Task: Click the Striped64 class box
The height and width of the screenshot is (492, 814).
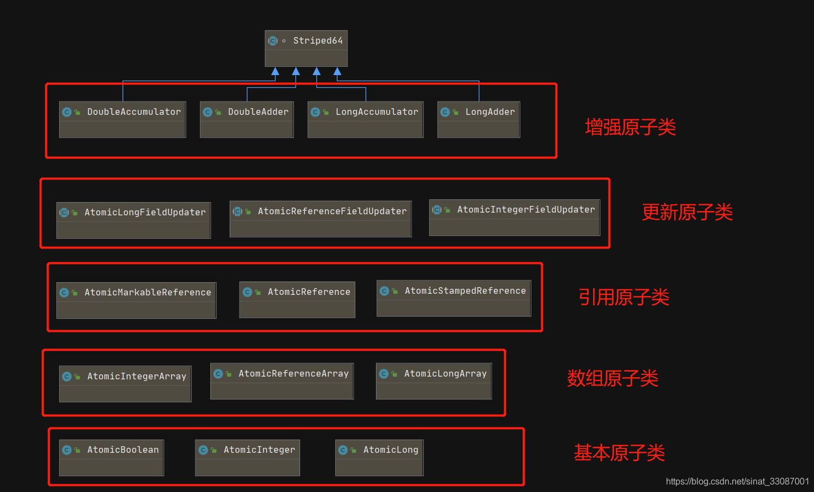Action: tap(306, 48)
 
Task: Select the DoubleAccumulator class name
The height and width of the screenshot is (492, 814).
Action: tap(134, 112)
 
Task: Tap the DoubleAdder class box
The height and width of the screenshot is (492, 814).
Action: tap(246, 119)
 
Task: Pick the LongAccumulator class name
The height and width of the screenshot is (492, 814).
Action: tap(377, 112)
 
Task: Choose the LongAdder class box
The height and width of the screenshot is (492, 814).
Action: tap(478, 119)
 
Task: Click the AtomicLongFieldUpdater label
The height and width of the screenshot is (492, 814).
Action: tap(145, 213)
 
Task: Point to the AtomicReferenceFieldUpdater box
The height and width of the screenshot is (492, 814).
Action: tap(320, 219)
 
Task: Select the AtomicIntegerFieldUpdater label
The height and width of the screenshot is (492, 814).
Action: tap(526, 210)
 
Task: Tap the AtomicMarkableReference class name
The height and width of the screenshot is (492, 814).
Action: tap(147, 293)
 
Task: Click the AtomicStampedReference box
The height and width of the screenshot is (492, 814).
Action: tap(453, 298)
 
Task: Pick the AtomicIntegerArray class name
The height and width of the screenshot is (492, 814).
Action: tap(136, 377)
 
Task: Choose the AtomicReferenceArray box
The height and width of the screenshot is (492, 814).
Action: tap(282, 381)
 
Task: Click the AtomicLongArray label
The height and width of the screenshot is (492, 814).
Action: tap(445, 374)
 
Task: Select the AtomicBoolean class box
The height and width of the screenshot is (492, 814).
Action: tap(112, 457)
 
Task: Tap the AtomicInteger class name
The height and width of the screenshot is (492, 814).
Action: tap(259, 450)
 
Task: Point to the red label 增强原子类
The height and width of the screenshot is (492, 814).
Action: tap(630, 128)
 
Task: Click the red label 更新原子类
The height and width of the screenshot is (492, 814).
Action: tap(687, 212)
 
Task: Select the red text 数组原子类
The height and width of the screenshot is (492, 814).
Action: tap(612, 378)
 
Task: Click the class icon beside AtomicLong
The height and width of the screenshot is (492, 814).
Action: tap(343, 450)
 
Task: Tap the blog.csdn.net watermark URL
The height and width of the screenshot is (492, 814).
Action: tap(737, 482)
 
